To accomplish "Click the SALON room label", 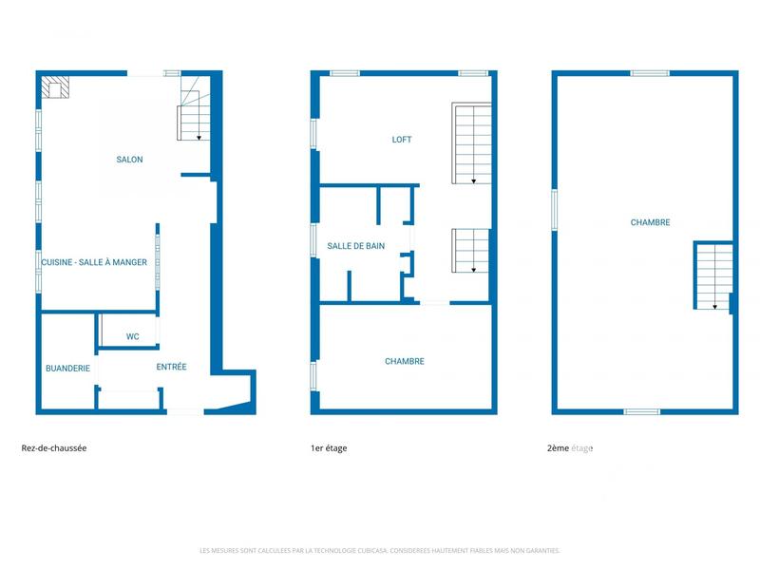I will tap(129, 160).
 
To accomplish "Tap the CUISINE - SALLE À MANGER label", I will tap(94, 262).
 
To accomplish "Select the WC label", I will tap(133, 336).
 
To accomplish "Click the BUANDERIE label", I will tap(67, 368).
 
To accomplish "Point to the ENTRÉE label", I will tap(171, 367).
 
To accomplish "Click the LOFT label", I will tap(402, 140).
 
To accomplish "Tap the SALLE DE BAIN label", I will tap(356, 246).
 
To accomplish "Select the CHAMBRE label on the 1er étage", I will tap(404, 361).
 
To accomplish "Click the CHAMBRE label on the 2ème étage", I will tap(650, 222).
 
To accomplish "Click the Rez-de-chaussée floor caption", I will tap(54, 448).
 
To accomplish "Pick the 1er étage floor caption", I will tap(329, 448).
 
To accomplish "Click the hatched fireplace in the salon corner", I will tap(54, 87).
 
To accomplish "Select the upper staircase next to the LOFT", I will tap(471, 144).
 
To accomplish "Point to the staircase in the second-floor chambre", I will tap(712, 275).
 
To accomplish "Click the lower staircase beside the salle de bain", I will tap(470, 251).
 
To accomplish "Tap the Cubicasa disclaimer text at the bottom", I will tap(380, 550).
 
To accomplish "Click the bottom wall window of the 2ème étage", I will tap(642, 411).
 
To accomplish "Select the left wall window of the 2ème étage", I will tap(554, 210).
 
